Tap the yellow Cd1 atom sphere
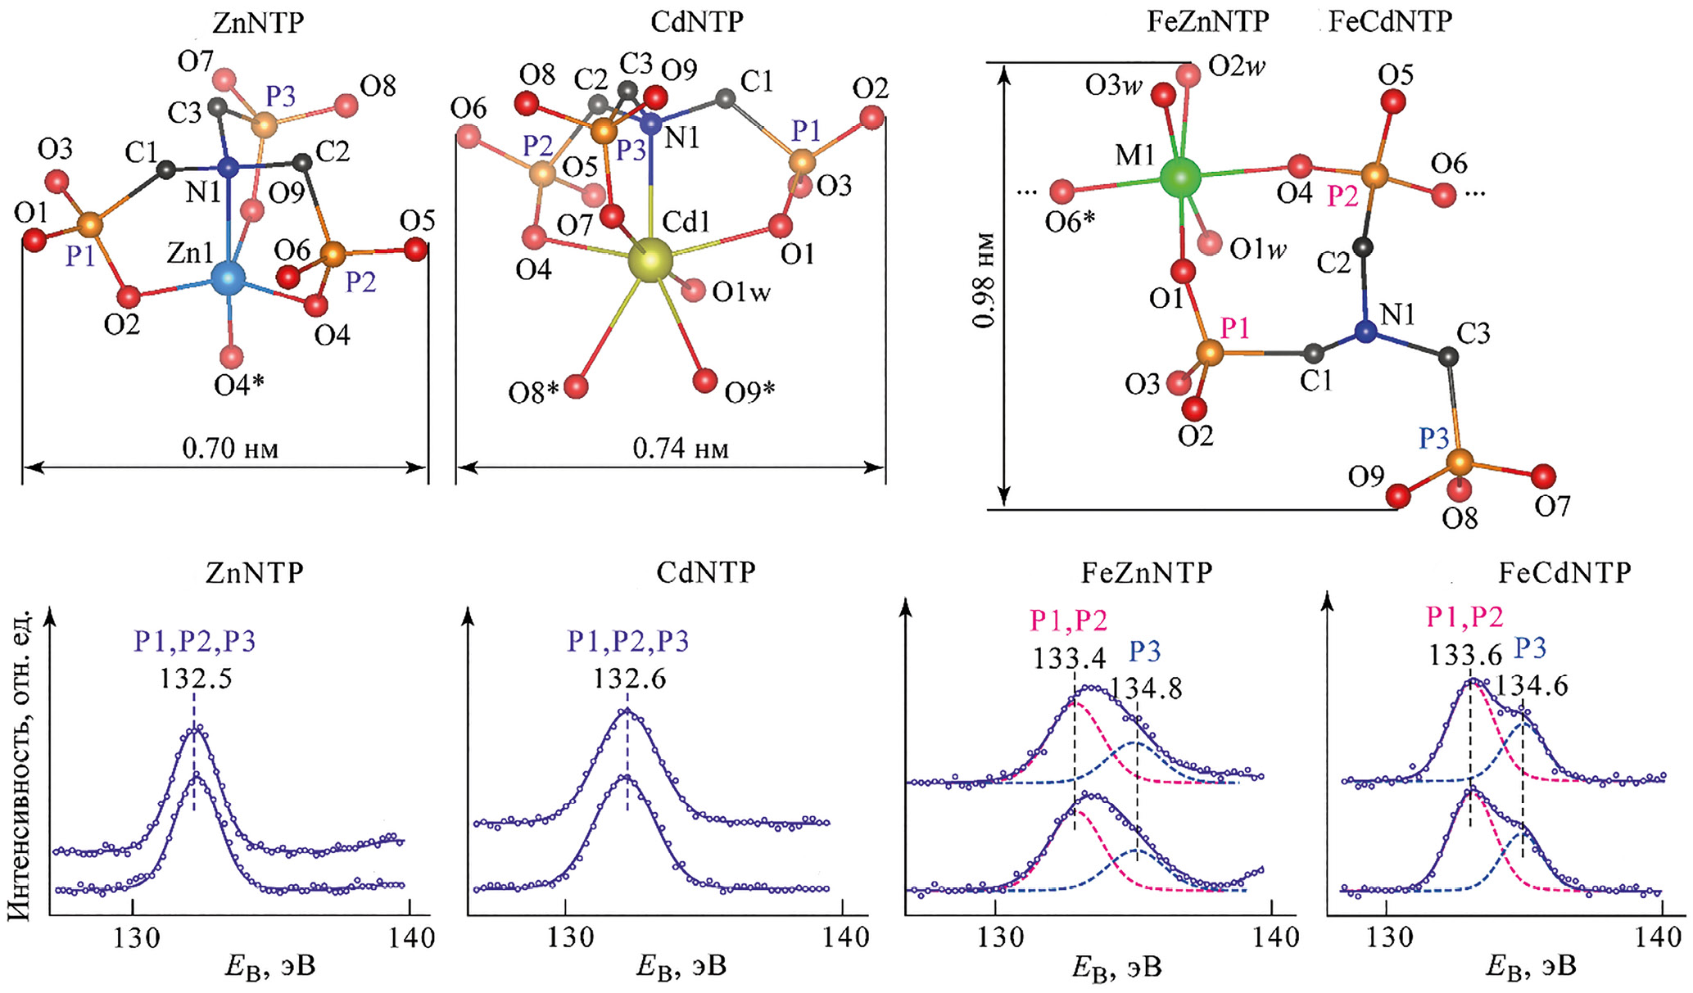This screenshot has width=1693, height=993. tap(650, 260)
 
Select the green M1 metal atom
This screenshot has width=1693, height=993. tap(1180, 177)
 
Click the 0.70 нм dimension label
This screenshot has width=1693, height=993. tap(230, 449)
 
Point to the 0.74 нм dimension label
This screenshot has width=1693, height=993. tap(681, 449)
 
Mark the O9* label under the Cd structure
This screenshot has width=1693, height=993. tap(749, 393)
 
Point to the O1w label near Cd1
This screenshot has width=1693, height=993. tap(741, 292)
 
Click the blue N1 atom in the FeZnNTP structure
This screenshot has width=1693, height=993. tap(1365, 332)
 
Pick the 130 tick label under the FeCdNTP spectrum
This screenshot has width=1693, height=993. tap(1384, 937)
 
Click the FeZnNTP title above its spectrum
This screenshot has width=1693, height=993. tap(1146, 573)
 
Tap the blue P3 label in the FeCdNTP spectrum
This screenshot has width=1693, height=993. tap(1529, 648)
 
